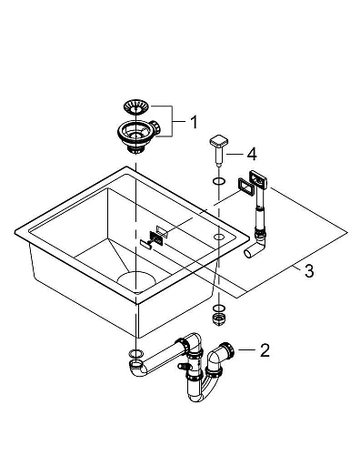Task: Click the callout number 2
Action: pos(265,349)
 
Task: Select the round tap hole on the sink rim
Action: pos(219,236)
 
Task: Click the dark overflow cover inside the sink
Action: pos(156,238)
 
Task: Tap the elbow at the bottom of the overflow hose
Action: pos(259,242)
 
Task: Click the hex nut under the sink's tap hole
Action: pos(218,318)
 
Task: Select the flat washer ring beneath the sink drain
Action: pos(135,353)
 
